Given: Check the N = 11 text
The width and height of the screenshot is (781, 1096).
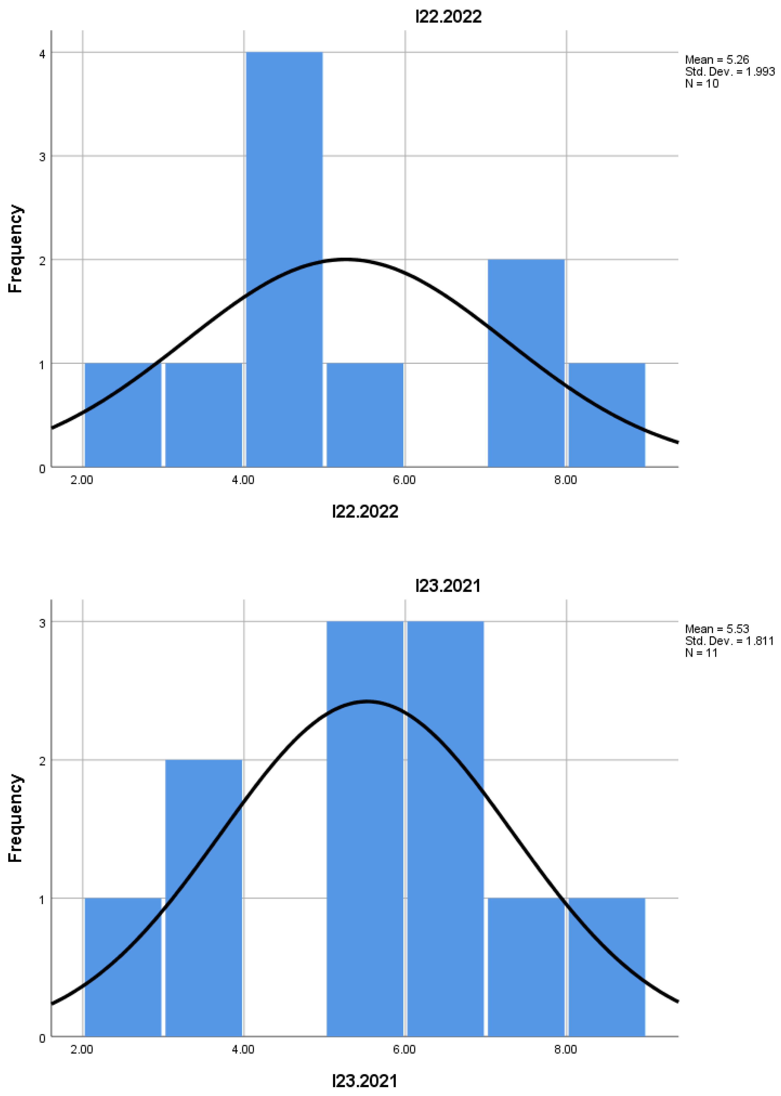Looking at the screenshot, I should pos(701,653).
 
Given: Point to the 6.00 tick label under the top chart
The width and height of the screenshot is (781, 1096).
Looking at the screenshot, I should pos(404,480).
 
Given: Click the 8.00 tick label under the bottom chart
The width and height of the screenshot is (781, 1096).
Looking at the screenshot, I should pos(566,1049).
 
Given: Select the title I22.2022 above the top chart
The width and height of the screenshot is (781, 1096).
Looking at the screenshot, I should pos(448,17).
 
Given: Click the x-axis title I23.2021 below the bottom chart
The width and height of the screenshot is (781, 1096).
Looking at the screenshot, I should pos(365,1081).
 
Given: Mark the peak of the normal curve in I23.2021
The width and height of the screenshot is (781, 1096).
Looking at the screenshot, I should pos(367,701).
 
